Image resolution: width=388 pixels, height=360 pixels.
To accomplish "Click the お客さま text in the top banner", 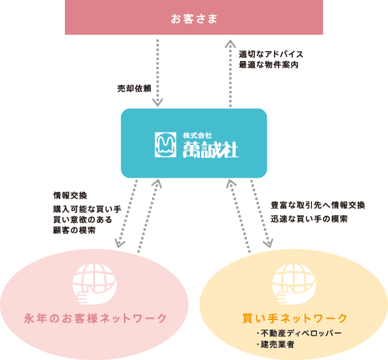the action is tap(194, 19).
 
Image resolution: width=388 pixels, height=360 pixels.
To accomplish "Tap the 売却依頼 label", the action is tap(134, 89).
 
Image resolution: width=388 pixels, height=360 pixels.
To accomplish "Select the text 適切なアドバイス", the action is tap(271, 54).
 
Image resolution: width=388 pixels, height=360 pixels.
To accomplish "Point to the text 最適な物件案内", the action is tap(269, 65).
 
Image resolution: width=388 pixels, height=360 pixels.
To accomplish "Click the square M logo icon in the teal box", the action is tap(166, 145).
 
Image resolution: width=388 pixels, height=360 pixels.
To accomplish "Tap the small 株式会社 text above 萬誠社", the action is tap(197, 136).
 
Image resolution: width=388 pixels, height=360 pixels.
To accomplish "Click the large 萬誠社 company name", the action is tap(210, 150).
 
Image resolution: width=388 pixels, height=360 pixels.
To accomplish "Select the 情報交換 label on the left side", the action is tap(70, 195).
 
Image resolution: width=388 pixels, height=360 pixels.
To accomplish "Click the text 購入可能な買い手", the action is tap(87, 209).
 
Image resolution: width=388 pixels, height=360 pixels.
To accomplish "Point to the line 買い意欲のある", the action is tap(83, 220).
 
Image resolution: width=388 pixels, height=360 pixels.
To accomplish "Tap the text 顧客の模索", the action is tap(74, 230).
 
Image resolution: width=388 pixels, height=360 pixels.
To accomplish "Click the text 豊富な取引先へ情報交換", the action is tap(318, 205).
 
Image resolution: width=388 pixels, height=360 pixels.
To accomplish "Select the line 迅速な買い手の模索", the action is tap(309, 219).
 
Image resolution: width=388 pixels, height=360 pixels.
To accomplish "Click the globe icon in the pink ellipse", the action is tap(94, 284).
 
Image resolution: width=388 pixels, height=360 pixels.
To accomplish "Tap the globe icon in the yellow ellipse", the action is tap(294, 284).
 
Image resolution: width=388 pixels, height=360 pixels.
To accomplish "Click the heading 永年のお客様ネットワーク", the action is tap(96, 319).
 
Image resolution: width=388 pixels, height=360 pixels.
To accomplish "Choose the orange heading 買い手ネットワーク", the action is tap(295, 319).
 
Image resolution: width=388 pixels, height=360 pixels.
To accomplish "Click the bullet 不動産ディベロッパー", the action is tap(299, 333).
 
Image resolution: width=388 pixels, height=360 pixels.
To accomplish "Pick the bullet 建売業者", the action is tap(275, 344).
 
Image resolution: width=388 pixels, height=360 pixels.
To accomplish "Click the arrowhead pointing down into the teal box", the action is tap(157, 102).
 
